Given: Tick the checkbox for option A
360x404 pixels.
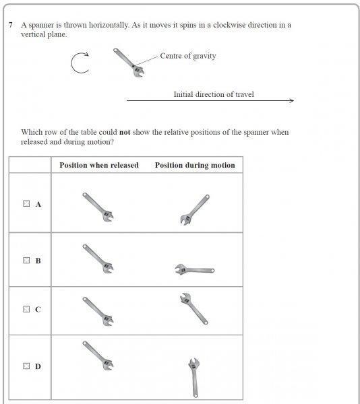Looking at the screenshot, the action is point(26,203).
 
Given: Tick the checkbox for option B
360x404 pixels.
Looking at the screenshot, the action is point(26,260).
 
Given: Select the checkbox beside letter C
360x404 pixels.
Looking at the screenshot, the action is point(26,309).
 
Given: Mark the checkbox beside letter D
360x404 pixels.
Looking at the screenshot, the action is point(26,366).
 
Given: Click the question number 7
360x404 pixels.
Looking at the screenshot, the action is point(11,25).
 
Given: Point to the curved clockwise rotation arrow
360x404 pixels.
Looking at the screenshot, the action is point(72,64).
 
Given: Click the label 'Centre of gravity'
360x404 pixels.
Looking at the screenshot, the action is point(187,56).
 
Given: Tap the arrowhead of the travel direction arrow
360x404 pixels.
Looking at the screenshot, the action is point(292,100).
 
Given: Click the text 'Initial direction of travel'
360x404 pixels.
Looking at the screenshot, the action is point(214,94).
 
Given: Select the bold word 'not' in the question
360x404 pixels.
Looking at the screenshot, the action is point(125,132).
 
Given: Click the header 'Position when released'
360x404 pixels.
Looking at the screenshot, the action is point(99,165).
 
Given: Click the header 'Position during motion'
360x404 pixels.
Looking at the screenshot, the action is point(195,165).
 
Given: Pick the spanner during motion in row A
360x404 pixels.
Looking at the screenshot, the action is point(195,210).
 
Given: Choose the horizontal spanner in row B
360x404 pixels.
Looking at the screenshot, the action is point(194,269).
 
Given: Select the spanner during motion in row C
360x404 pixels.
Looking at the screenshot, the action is point(194,308).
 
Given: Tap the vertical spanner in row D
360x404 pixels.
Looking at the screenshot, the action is point(194,378).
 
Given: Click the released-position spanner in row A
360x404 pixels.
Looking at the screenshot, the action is point(98,207).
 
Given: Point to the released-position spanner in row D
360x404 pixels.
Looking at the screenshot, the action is point(98,356).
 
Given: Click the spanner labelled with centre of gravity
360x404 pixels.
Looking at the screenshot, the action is point(129,63).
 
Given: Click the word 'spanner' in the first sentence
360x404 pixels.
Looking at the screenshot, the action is point(40,25).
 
